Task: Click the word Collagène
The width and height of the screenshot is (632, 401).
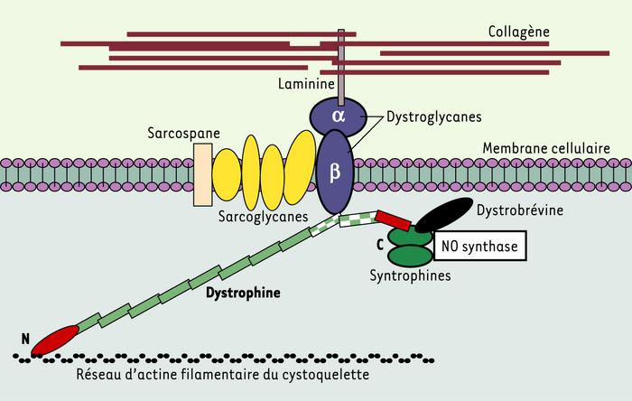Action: click(520, 31)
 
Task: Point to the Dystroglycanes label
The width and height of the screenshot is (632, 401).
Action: click(432, 117)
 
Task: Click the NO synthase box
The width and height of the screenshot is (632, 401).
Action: click(480, 245)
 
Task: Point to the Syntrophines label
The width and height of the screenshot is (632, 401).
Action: click(411, 275)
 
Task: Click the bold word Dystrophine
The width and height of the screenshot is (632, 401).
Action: click(242, 294)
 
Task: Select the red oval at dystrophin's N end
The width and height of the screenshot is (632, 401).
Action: click(56, 340)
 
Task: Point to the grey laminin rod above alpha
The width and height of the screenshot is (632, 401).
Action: click(341, 63)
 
